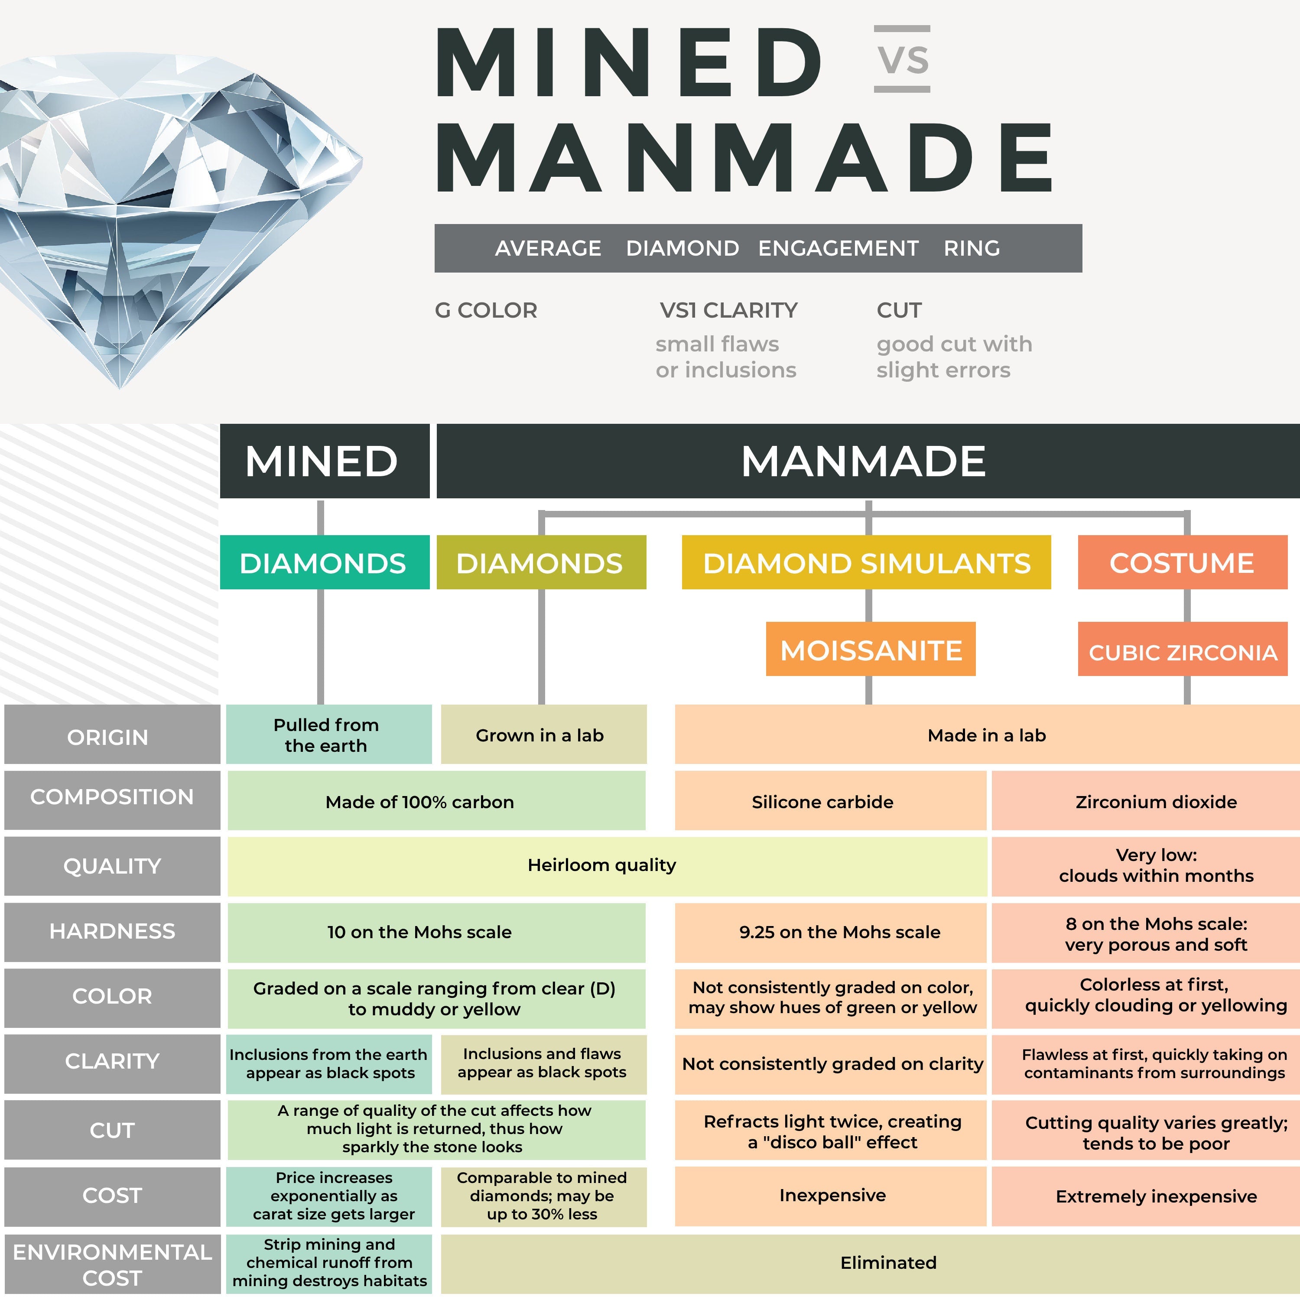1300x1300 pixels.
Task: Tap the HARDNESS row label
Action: point(112,931)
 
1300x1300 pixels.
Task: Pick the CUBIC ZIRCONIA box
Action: point(1182,650)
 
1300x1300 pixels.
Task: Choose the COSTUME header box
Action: point(1182,562)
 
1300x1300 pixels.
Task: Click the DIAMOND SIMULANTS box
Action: point(866,562)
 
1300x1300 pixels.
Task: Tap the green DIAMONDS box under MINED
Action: point(324,562)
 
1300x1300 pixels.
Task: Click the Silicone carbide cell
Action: point(823,801)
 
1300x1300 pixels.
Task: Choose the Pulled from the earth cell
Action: point(326,735)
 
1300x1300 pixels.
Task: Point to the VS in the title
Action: point(902,59)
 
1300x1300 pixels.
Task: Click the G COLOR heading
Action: point(486,310)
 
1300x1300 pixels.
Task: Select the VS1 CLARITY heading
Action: point(728,310)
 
